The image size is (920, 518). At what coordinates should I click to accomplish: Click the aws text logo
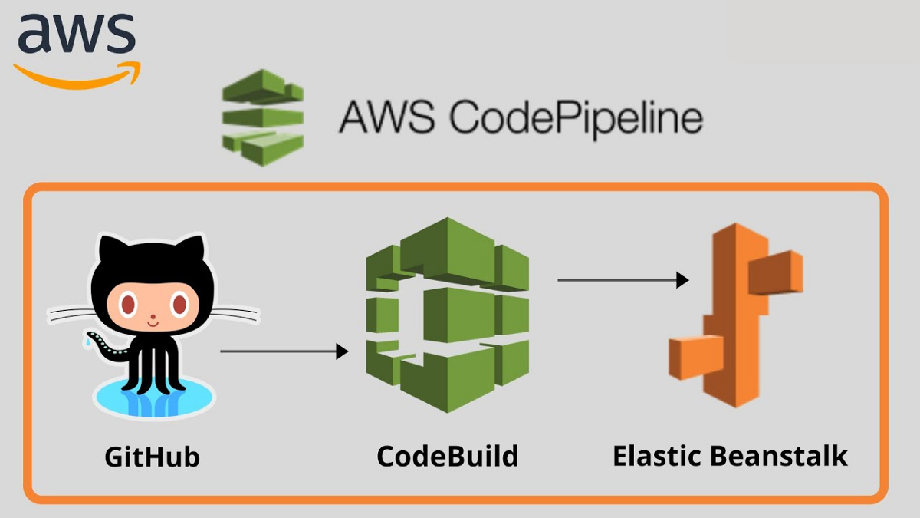tap(76, 35)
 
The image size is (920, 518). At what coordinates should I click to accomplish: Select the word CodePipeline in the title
tap(575, 119)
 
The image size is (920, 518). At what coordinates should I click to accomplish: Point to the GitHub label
tap(152, 457)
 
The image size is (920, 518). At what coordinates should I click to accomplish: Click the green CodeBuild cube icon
tap(448, 315)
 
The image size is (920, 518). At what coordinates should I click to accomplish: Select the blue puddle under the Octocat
tap(153, 399)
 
